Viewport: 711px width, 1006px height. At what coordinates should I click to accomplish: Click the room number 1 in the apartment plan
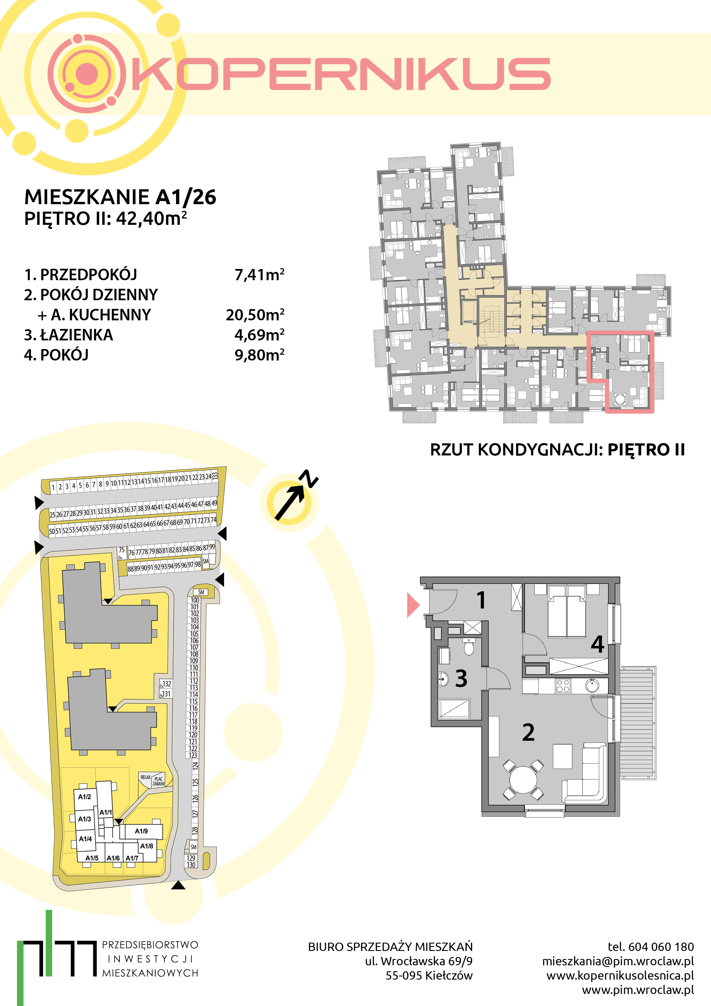481,600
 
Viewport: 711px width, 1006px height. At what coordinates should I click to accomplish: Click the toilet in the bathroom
469,646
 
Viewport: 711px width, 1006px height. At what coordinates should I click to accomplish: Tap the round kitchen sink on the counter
592,685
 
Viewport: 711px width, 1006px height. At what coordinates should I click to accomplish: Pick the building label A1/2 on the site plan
85,797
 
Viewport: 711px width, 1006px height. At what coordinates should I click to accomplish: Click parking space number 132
167,683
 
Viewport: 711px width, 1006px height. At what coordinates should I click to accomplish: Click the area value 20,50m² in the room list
255,315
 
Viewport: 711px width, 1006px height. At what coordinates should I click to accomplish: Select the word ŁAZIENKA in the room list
76,335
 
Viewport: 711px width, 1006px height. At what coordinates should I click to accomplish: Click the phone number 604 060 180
661,947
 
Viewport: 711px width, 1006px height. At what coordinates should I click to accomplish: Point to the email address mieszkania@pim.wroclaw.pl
618,961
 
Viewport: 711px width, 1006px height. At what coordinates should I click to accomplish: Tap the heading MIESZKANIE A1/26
120,197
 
